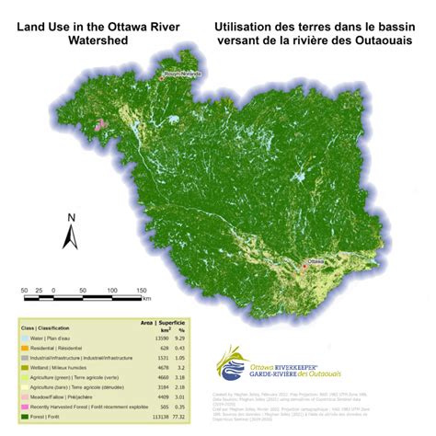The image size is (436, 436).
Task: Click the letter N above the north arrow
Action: pyautogui.click(x=69, y=217)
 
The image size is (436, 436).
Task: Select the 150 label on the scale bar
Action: pyautogui.click(x=143, y=291)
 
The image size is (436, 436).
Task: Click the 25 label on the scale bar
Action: pyautogui.click(x=41, y=291)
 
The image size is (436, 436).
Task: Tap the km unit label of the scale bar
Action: pyautogui.click(x=146, y=299)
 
